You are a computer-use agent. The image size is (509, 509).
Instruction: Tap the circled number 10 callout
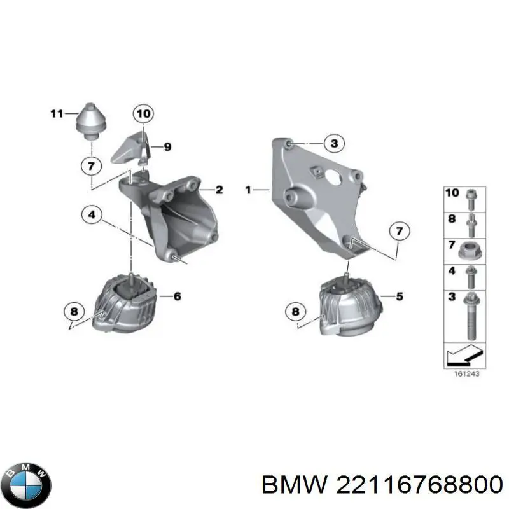144,115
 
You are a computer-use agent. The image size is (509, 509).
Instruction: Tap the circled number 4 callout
92,216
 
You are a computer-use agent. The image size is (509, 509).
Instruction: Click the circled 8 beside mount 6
74,312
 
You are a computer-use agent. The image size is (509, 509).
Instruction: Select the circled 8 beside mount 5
295,312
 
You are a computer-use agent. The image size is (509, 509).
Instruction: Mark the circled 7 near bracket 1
399,230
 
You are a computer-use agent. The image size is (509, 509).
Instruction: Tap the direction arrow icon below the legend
463,354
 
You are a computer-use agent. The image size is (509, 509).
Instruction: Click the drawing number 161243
463,373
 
